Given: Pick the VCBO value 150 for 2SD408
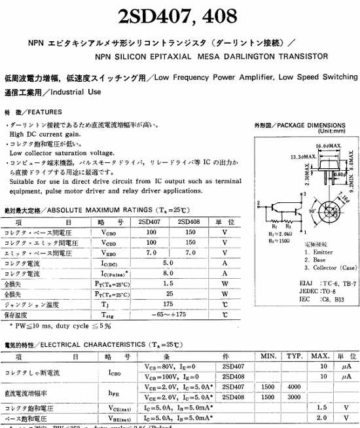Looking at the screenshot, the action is [x=190, y=232].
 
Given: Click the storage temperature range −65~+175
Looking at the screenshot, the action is [x=171, y=315].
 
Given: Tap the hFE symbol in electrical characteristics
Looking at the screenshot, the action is [x=113, y=392].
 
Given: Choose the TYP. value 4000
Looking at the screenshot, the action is [x=294, y=387].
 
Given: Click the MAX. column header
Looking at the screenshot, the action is [x=320, y=356].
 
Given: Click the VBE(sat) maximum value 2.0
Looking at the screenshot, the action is [x=321, y=417].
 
